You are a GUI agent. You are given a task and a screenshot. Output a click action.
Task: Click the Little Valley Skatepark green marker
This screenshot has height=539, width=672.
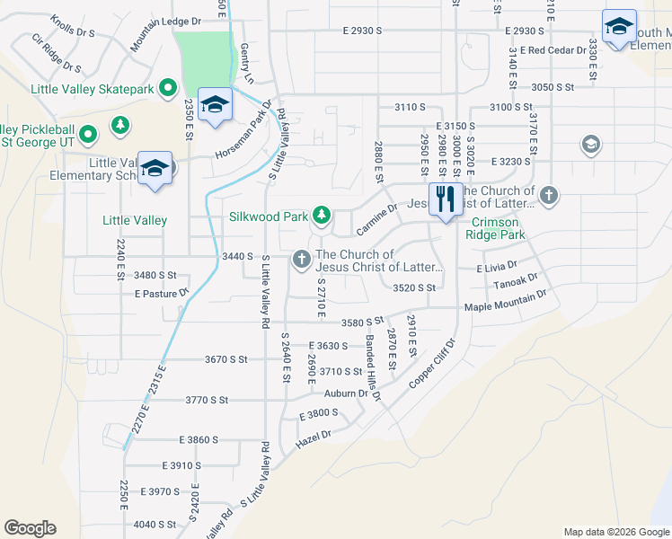point(167,88)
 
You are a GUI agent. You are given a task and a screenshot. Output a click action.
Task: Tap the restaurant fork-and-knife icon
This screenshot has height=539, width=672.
point(446,198)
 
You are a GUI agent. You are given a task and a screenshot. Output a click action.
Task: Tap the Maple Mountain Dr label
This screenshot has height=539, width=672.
point(505,306)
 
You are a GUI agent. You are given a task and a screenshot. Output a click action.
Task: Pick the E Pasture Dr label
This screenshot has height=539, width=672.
point(161,293)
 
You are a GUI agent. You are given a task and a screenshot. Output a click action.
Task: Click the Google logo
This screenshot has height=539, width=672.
point(30,528)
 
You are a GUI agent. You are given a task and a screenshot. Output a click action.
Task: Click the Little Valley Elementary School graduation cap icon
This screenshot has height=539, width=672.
point(155,168)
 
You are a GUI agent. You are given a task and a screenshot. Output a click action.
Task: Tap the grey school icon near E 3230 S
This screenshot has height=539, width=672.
point(590,145)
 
